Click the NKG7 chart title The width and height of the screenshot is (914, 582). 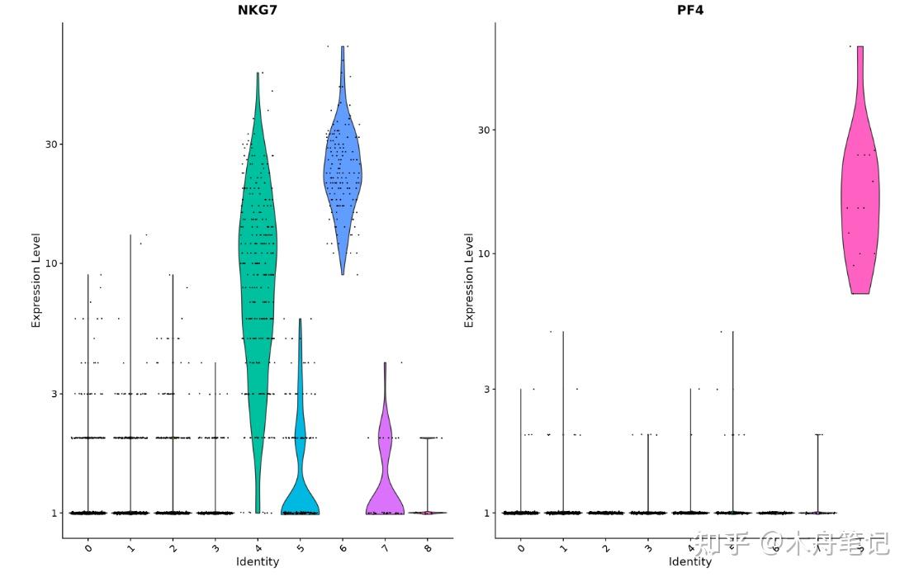tap(258, 10)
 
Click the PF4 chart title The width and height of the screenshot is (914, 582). tap(689, 10)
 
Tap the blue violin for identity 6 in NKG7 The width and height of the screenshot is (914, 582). tap(343, 173)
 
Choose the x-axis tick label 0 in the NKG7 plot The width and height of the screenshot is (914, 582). tap(88, 547)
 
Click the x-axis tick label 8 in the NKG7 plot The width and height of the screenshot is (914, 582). tap(428, 547)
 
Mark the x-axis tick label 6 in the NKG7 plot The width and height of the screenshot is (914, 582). tap(343, 547)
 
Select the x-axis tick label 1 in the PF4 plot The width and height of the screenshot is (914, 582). tap(563, 547)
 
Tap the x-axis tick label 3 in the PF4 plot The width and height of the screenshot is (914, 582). tap(648, 547)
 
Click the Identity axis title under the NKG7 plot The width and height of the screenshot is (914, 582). tap(258, 562)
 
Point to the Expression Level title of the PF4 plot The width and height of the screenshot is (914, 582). tap(469, 280)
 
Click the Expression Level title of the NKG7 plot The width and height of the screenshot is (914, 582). tap(36, 280)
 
